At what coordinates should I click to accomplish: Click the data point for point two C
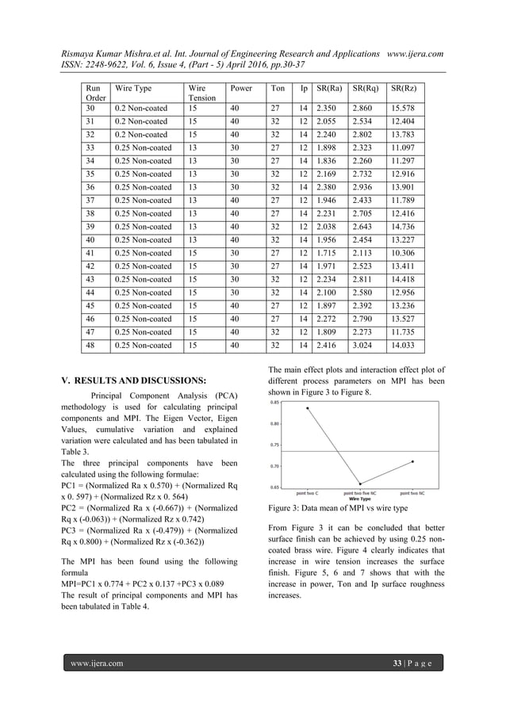click(307, 408)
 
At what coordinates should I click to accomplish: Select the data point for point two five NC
click(360, 484)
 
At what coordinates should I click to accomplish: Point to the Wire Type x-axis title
click(359, 498)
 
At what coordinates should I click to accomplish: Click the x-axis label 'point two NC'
click(412, 493)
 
